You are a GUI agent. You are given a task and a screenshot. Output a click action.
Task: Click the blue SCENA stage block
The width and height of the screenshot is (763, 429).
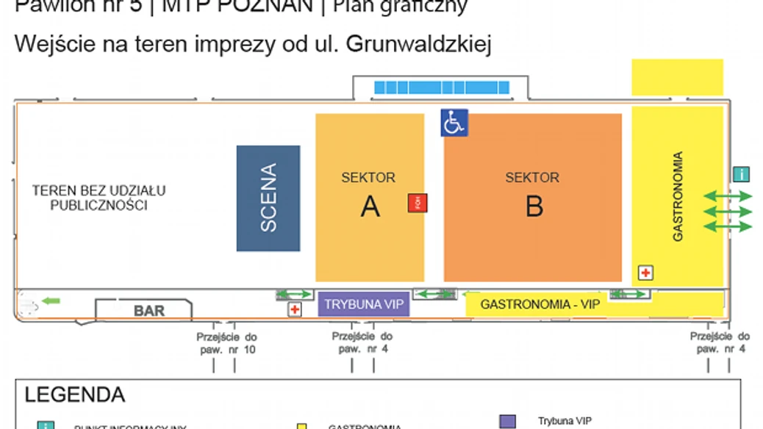[x=268, y=198]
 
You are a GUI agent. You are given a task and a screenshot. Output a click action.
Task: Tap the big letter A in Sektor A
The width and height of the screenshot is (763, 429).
[x=370, y=206]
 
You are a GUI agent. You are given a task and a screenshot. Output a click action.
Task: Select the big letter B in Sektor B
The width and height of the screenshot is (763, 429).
[x=534, y=206]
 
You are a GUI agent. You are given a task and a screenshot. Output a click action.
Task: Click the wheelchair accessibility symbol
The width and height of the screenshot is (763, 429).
[x=454, y=123]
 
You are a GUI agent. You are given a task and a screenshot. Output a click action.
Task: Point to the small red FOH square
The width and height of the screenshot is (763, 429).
[x=418, y=203]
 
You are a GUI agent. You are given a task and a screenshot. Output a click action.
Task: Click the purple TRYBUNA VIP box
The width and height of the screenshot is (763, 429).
[x=364, y=304]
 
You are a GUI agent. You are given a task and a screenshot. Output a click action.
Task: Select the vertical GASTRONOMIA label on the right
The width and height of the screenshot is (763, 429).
[x=678, y=197]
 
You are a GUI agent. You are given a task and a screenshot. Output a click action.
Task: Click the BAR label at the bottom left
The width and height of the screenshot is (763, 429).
[x=149, y=311]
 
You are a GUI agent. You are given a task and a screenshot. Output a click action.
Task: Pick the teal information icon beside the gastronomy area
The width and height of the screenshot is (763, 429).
[x=742, y=174]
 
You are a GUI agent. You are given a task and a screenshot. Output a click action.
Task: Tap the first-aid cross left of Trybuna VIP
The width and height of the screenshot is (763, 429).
[x=295, y=310]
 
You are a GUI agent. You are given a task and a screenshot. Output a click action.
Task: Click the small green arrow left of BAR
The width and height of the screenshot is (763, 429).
[x=51, y=300]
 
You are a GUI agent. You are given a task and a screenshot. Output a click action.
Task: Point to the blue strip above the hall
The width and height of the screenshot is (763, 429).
[x=442, y=87]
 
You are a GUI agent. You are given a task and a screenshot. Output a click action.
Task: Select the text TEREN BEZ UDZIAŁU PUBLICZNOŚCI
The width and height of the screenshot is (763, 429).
[x=99, y=198]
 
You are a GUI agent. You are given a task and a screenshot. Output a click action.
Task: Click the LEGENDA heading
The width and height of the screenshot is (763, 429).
[x=75, y=394]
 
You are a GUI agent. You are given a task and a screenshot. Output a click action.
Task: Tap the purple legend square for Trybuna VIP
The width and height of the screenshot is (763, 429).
[x=507, y=421]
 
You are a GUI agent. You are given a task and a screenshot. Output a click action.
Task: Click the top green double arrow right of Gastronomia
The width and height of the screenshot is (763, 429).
[x=728, y=195]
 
